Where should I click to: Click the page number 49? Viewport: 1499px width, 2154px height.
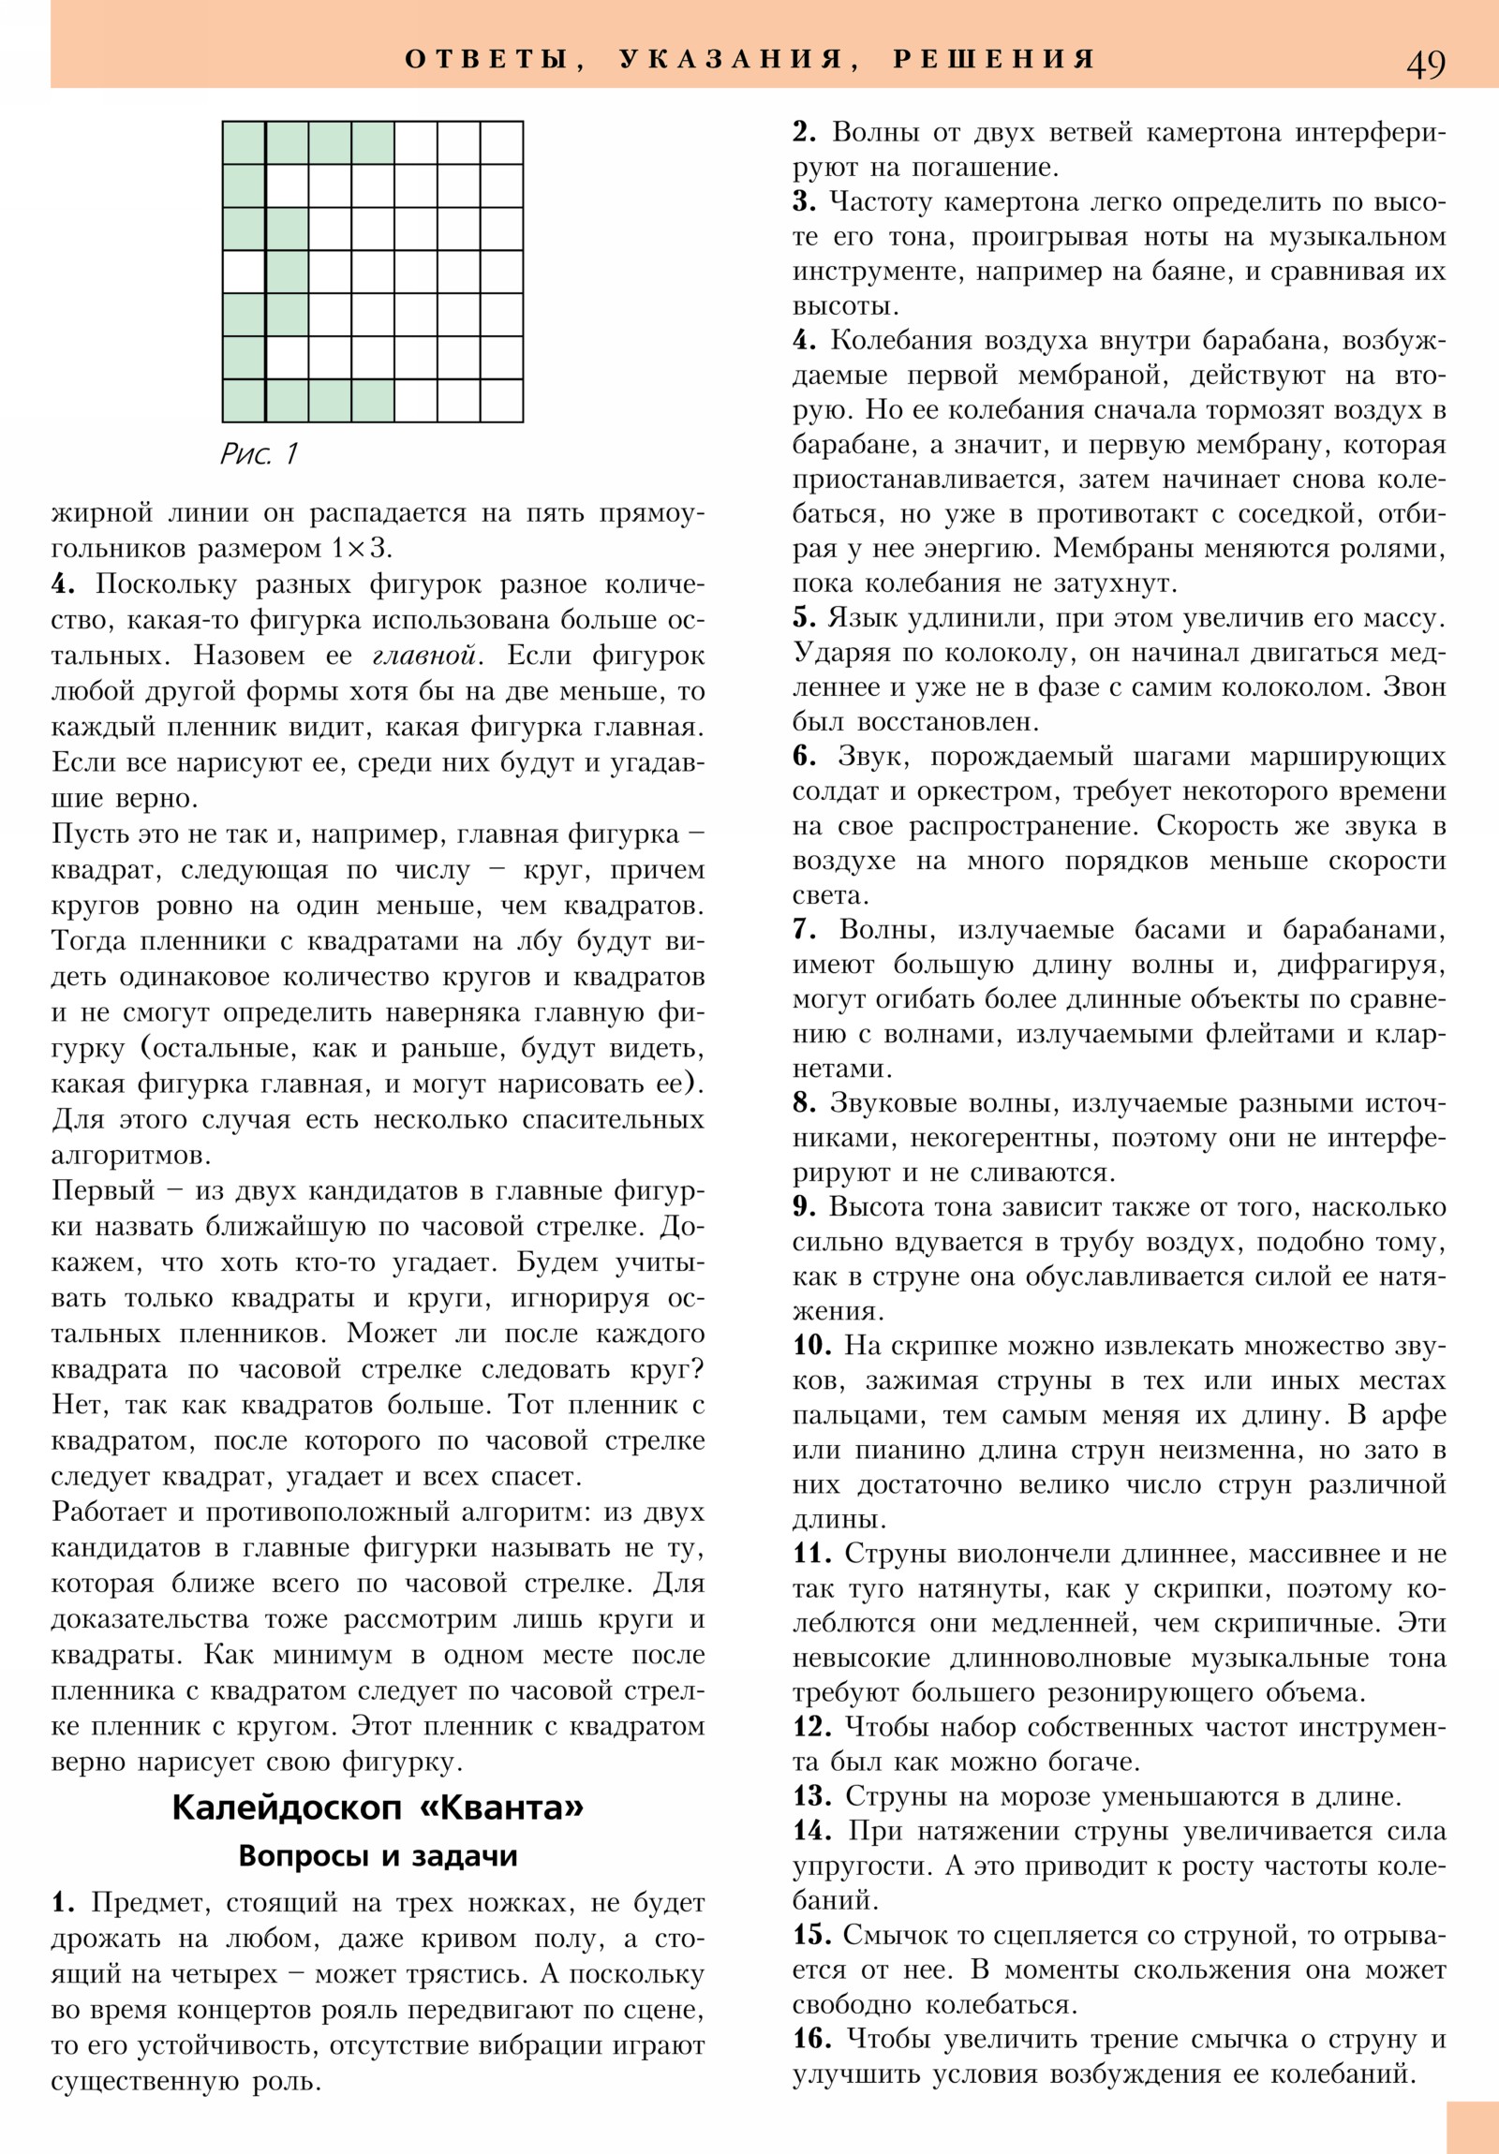coord(1425,64)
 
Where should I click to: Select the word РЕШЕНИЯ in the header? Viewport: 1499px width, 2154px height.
coord(994,60)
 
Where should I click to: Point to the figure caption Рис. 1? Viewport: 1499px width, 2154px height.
coord(260,454)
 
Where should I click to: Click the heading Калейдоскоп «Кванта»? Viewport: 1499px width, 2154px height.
coord(378,1807)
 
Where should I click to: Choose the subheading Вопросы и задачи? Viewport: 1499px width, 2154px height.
coord(378,1855)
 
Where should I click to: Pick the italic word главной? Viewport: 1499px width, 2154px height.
coord(424,656)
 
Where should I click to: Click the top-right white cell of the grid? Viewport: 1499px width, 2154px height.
coord(501,142)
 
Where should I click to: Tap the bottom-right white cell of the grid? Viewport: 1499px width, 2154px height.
coord(501,401)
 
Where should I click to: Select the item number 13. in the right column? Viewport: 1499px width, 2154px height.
coord(812,1796)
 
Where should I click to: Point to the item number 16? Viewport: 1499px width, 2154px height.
coord(812,2039)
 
